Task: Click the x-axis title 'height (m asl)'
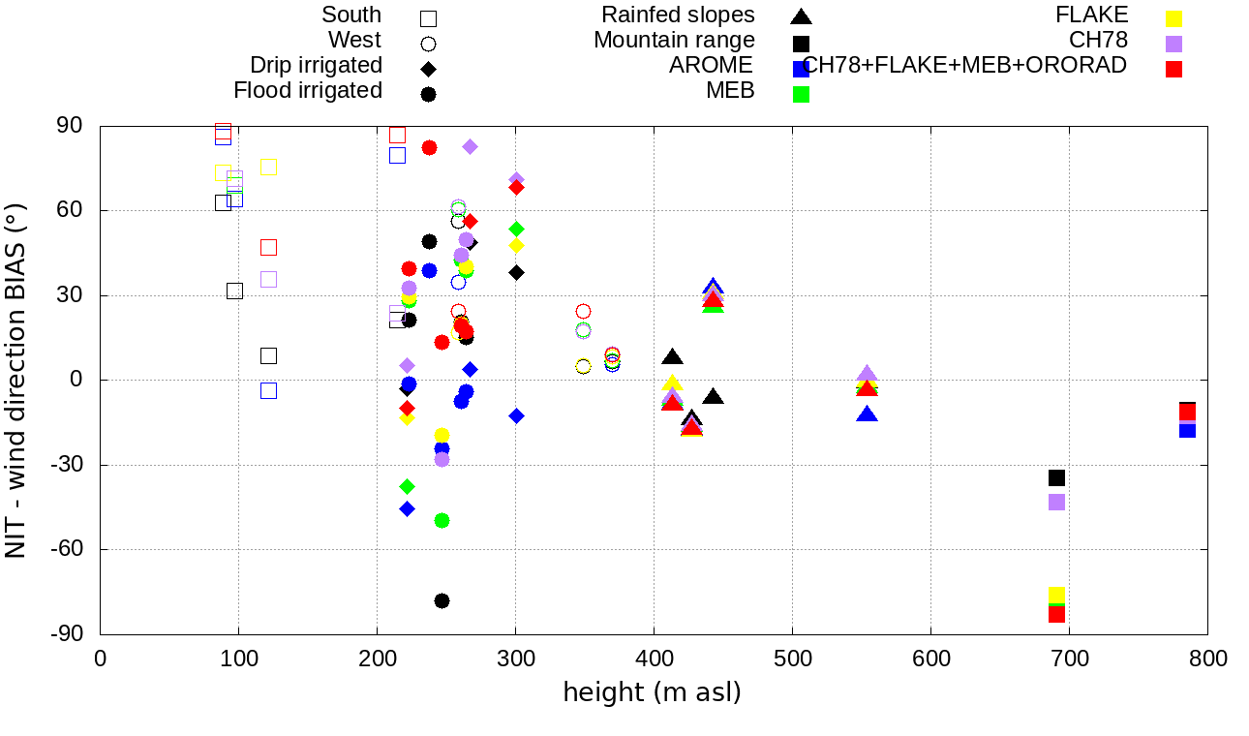[652, 692]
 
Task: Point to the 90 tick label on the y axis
[70, 126]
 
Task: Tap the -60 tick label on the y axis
[66, 549]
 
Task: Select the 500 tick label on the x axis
[792, 659]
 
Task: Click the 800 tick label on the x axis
[1207, 659]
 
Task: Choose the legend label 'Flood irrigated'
[308, 91]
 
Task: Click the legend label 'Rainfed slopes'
[678, 15]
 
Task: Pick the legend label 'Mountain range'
[674, 41]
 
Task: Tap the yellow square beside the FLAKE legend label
[1173, 17]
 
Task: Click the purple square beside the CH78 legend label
[1173, 44]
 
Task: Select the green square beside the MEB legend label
[801, 94]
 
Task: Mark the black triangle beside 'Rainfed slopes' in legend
[801, 15]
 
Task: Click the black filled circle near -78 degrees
[442, 600]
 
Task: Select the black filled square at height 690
[1056, 477]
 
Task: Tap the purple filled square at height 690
[1056, 502]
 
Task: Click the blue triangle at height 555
[867, 414]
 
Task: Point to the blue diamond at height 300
[516, 415]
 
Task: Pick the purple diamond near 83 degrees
[471, 146]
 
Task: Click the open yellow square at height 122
[268, 168]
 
